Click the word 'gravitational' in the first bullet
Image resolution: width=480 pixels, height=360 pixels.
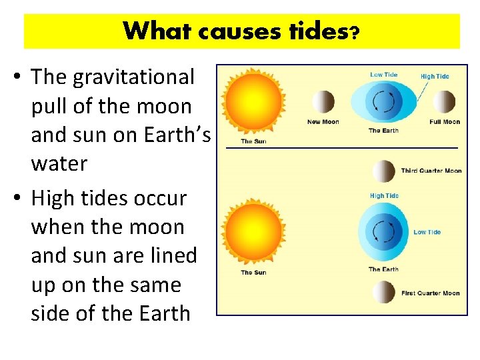[133, 77]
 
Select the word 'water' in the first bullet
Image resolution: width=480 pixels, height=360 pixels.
[59, 164]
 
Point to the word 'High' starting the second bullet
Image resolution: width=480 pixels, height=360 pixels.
[53, 199]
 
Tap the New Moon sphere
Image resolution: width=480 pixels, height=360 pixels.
[323, 103]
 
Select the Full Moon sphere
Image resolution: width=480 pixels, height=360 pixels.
[444, 103]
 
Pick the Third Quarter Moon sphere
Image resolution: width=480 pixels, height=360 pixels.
[383, 171]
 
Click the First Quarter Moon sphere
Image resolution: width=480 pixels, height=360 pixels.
[383, 292]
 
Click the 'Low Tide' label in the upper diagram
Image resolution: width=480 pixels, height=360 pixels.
[383, 75]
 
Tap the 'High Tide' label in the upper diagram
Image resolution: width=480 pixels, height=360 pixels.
[435, 77]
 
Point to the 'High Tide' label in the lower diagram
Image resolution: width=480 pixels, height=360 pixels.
[383, 196]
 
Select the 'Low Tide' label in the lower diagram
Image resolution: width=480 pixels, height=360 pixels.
[427, 232]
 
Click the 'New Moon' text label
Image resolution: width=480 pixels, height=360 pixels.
[323, 122]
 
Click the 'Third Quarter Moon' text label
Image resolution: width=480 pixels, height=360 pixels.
[431, 171]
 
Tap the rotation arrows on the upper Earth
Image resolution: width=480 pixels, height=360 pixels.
[383, 102]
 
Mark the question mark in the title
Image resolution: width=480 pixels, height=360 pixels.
[355, 33]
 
